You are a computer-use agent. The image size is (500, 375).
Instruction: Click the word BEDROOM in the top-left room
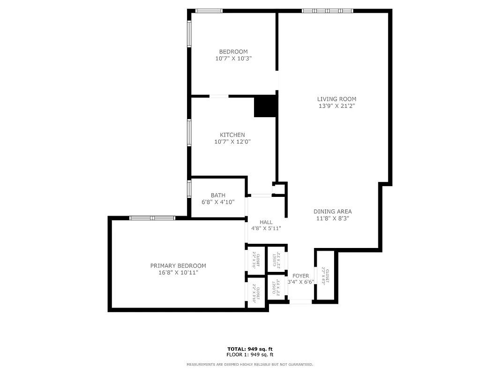(x=233, y=52)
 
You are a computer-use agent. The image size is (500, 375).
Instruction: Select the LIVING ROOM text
(x=336, y=99)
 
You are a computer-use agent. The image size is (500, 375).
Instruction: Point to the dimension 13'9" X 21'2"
(x=336, y=106)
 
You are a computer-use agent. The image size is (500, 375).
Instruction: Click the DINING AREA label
(x=332, y=211)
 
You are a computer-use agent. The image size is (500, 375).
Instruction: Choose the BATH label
(x=218, y=195)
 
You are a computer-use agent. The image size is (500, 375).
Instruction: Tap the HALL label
(x=266, y=222)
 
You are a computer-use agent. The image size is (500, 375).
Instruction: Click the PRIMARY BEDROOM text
(x=178, y=266)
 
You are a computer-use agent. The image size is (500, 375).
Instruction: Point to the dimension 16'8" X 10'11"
(x=178, y=272)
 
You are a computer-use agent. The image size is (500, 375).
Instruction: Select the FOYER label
(x=300, y=276)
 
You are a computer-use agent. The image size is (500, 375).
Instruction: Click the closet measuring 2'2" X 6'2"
(x=325, y=276)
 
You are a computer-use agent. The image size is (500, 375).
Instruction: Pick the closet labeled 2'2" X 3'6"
(x=256, y=259)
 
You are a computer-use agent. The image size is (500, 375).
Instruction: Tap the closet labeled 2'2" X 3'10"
(x=256, y=293)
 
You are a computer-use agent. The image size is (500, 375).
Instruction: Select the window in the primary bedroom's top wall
(x=152, y=217)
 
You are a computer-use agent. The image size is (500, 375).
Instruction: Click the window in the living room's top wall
(x=327, y=10)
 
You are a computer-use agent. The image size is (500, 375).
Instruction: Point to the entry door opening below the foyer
(x=300, y=302)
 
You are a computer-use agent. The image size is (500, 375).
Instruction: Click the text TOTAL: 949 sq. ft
(x=250, y=349)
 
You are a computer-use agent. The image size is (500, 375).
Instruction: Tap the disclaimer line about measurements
(x=250, y=364)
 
